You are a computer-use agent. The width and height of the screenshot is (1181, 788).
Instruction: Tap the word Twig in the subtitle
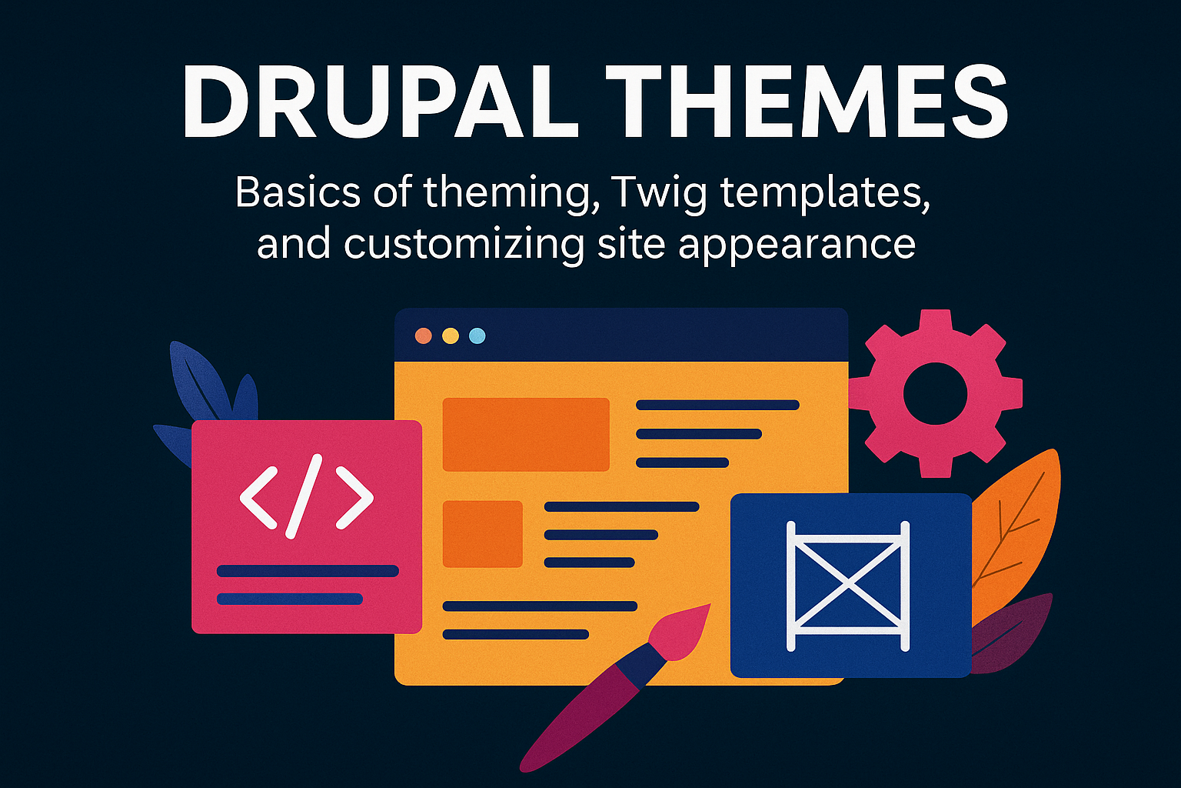click(x=657, y=192)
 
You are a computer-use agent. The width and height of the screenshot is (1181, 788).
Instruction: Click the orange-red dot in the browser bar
click(x=423, y=336)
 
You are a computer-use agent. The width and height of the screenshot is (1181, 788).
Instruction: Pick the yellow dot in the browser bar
click(x=451, y=336)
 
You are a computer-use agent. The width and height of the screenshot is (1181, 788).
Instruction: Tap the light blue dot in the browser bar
click(x=477, y=336)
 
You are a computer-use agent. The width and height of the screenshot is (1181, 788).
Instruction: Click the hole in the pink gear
click(x=934, y=393)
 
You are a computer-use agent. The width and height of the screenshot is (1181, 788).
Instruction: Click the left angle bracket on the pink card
click(x=258, y=498)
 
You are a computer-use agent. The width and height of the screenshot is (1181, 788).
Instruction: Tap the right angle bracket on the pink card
click(x=354, y=498)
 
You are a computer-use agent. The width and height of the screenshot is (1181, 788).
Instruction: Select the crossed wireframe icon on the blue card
click(x=848, y=586)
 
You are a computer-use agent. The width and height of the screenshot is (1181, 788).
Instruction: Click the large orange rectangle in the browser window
click(x=526, y=434)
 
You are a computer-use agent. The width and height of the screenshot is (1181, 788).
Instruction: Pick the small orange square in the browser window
click(x=482, y=534)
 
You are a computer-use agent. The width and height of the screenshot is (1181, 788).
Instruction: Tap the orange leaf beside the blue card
click(x=1019, y=523)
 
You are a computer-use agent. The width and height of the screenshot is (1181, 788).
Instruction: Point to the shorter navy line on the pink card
click(x=289, y=599)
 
